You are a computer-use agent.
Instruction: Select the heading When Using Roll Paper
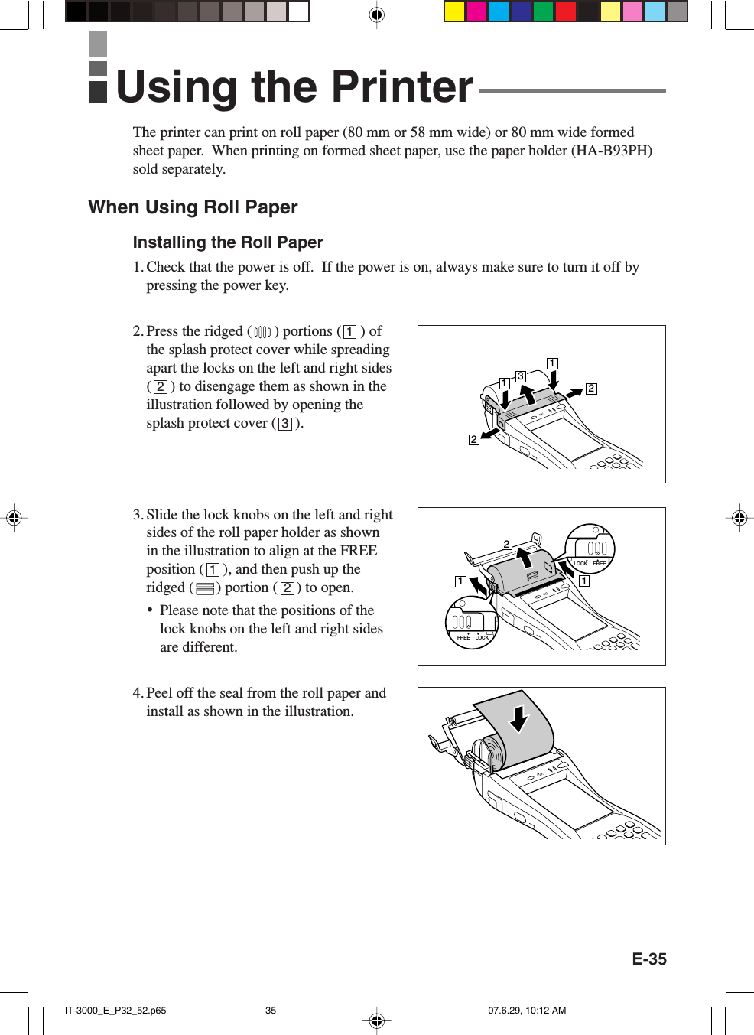coord(193,207)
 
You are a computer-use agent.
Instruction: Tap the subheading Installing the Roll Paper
coord(228,242)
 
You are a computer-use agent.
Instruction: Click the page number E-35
coord(648,959)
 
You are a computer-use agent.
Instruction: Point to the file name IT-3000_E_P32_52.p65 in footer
coord(115,1011)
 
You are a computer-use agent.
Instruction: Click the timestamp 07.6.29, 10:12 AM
coord(527,1011)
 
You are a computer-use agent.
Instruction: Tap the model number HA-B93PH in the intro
coord(612,151)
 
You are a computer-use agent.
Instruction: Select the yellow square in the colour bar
coord(454,11)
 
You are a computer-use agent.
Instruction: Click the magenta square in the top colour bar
coord(476,11)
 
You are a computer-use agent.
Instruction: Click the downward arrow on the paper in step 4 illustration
coord(520,719)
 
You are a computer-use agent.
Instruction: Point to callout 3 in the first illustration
coord(520,376)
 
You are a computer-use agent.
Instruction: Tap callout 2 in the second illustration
coord(506,544)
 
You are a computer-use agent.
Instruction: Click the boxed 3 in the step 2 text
coord(285,424)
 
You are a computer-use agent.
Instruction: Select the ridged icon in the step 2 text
coord(262,332)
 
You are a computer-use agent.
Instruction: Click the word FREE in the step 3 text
coord(359,551)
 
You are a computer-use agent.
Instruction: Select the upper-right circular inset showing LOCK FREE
coord(590,549)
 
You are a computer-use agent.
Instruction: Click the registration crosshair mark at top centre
coord(376,15)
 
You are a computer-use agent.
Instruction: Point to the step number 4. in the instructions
coord(138,693)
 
